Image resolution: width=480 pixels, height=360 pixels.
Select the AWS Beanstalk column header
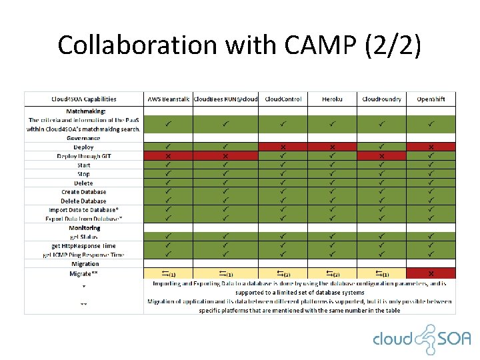[x=168, y=99]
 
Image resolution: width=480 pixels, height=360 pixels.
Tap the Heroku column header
[x=332, y=99]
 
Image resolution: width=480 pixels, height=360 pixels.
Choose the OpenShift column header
[x=431, y=99]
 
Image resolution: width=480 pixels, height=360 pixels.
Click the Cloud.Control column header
[x=283, y=99]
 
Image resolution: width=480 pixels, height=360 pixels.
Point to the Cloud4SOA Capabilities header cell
[x=84, y=99]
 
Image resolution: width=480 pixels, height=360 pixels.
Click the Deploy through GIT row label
[x=84, y=156]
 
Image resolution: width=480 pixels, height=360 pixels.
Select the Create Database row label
[x=84, y=192]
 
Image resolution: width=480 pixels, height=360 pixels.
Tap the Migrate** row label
[x=84, y=273]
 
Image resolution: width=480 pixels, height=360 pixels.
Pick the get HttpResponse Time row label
[x=84, y=246]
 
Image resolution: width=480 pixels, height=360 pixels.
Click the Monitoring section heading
[x=84, y=228]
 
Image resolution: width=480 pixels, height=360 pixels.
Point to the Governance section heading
[x=84, y=138]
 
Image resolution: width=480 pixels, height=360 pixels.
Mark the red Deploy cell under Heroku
[x=332, y=147]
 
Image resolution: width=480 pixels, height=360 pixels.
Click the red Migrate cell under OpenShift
[x=431, y=273]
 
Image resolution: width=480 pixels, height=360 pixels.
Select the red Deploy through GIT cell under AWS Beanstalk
[x=168, y=156]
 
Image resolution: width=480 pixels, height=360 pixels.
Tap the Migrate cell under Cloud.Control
[x=283, y=273]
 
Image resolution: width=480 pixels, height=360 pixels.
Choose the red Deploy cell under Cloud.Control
[x=283, y=147]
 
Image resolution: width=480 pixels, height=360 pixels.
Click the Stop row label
[x=84, y=174]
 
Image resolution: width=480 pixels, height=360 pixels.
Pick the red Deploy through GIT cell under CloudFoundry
[x=381, y=156]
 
